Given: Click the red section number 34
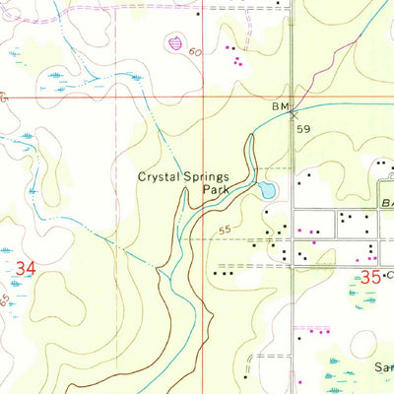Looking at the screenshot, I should pyautogui.click(x=27, y=267).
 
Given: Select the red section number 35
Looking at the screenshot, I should pyautogui.click(x=369, y=279).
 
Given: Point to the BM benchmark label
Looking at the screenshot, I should pyautogui.click(x=281, y=105).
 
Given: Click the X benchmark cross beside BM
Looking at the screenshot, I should pyautogui.click(x=293, y=114).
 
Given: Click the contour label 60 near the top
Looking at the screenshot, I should pyautogui.click(x=196, y=50).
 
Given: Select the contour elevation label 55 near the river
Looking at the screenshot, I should pyautogui.click(x=226, y=230).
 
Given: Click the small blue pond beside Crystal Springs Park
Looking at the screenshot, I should pyautogui.click(x=268, y=190).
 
